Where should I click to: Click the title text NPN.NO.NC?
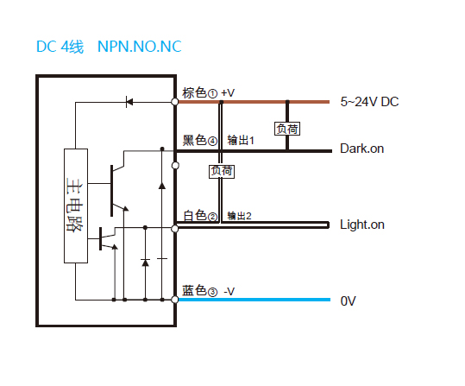[x=140, y=47]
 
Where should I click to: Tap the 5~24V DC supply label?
[x=369, y=102]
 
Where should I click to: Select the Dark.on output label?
[x=361, y=149]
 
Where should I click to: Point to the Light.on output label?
[x=362, y=225]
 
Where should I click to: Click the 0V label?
[x=348, y=301]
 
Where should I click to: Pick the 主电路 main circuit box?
[x=76, y=206]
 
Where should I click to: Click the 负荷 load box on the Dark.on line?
[x=287, y=129]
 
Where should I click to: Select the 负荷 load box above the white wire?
[x=222, y=172]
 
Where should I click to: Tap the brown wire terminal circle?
[x=175, y=102]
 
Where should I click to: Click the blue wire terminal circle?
[x=175, y=300]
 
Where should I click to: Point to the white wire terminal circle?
[x=175, y=228]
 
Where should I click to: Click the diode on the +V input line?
[x=129, y=102]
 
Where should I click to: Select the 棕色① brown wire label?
[x=199, y=93]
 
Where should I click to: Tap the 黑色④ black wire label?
[x=199, y=140]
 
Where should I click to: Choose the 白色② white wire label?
[x=200, y=216]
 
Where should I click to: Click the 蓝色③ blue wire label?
[x=199, y=291]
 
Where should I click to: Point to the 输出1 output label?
[x=241, y=141]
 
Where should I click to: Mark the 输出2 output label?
[x=239, y=216]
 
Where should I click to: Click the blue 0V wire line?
[x=254, y=300]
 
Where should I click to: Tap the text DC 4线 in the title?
[x=60, y=47]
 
